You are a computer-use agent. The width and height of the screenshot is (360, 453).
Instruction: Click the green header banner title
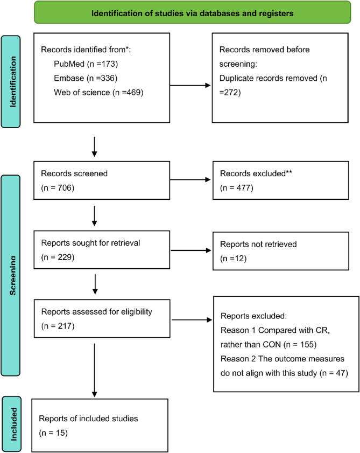(x=192, y=13)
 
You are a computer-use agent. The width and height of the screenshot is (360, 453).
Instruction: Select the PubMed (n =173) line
(x=86, y=64)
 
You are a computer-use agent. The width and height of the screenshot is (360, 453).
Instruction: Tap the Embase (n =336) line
(x=86, y=78)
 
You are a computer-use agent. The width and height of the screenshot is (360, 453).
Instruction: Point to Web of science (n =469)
(x=98, y=92)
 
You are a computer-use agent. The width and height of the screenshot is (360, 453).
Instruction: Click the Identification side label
(x=13, y=82)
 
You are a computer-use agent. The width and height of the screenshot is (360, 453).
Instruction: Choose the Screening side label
(x=13, y=275)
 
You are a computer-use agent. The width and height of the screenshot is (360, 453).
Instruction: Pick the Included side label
(x=13, y=424)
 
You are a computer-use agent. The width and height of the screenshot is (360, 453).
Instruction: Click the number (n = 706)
(x=58, y=188)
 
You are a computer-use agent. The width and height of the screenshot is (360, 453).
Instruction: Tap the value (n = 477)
(x=237, y=188)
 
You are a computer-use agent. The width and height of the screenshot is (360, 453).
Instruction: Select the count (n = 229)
(x=58, y=257)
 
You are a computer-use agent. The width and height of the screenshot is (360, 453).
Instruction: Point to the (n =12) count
(x=233, y=258)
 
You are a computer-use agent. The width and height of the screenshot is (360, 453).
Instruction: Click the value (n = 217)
(x=58, y=326)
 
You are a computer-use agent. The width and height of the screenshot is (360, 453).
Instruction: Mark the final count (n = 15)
(x=53, y=433)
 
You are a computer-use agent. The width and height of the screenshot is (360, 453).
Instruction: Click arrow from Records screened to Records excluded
(x=190, y=180)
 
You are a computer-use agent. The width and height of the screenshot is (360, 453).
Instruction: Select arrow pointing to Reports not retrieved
(x=191, y=250)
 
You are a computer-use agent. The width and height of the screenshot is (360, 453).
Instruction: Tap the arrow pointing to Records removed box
(x=190, y=86)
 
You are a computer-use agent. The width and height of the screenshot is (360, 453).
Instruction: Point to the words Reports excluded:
(x=254, y=316)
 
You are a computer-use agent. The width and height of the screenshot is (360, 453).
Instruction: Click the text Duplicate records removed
(x=269, y=78)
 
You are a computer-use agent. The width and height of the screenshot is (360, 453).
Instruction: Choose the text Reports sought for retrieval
(x=90, y=243)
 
